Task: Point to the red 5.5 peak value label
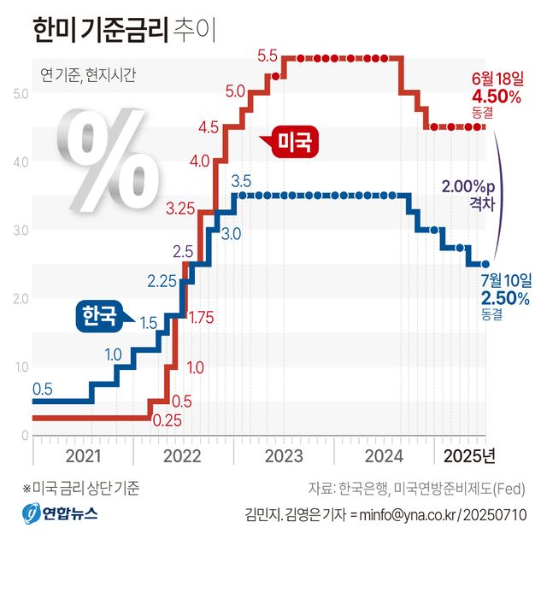pyautogui.click(x=268, y=56)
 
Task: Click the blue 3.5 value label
pyautogui.click(x=241, y=181)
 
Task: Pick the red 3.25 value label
pyautogui.click(x=182, y=208)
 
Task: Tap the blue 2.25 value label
pyautogui.click(x=162, y=281)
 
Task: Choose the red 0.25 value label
pyautogui.click(x=167, y=419)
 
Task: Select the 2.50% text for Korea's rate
pyautogui.click(x=505, y=298)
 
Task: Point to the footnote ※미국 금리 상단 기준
pyautogui.click(x=80, y=489)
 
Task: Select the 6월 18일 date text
pyautogui.click(x=497, y=79)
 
